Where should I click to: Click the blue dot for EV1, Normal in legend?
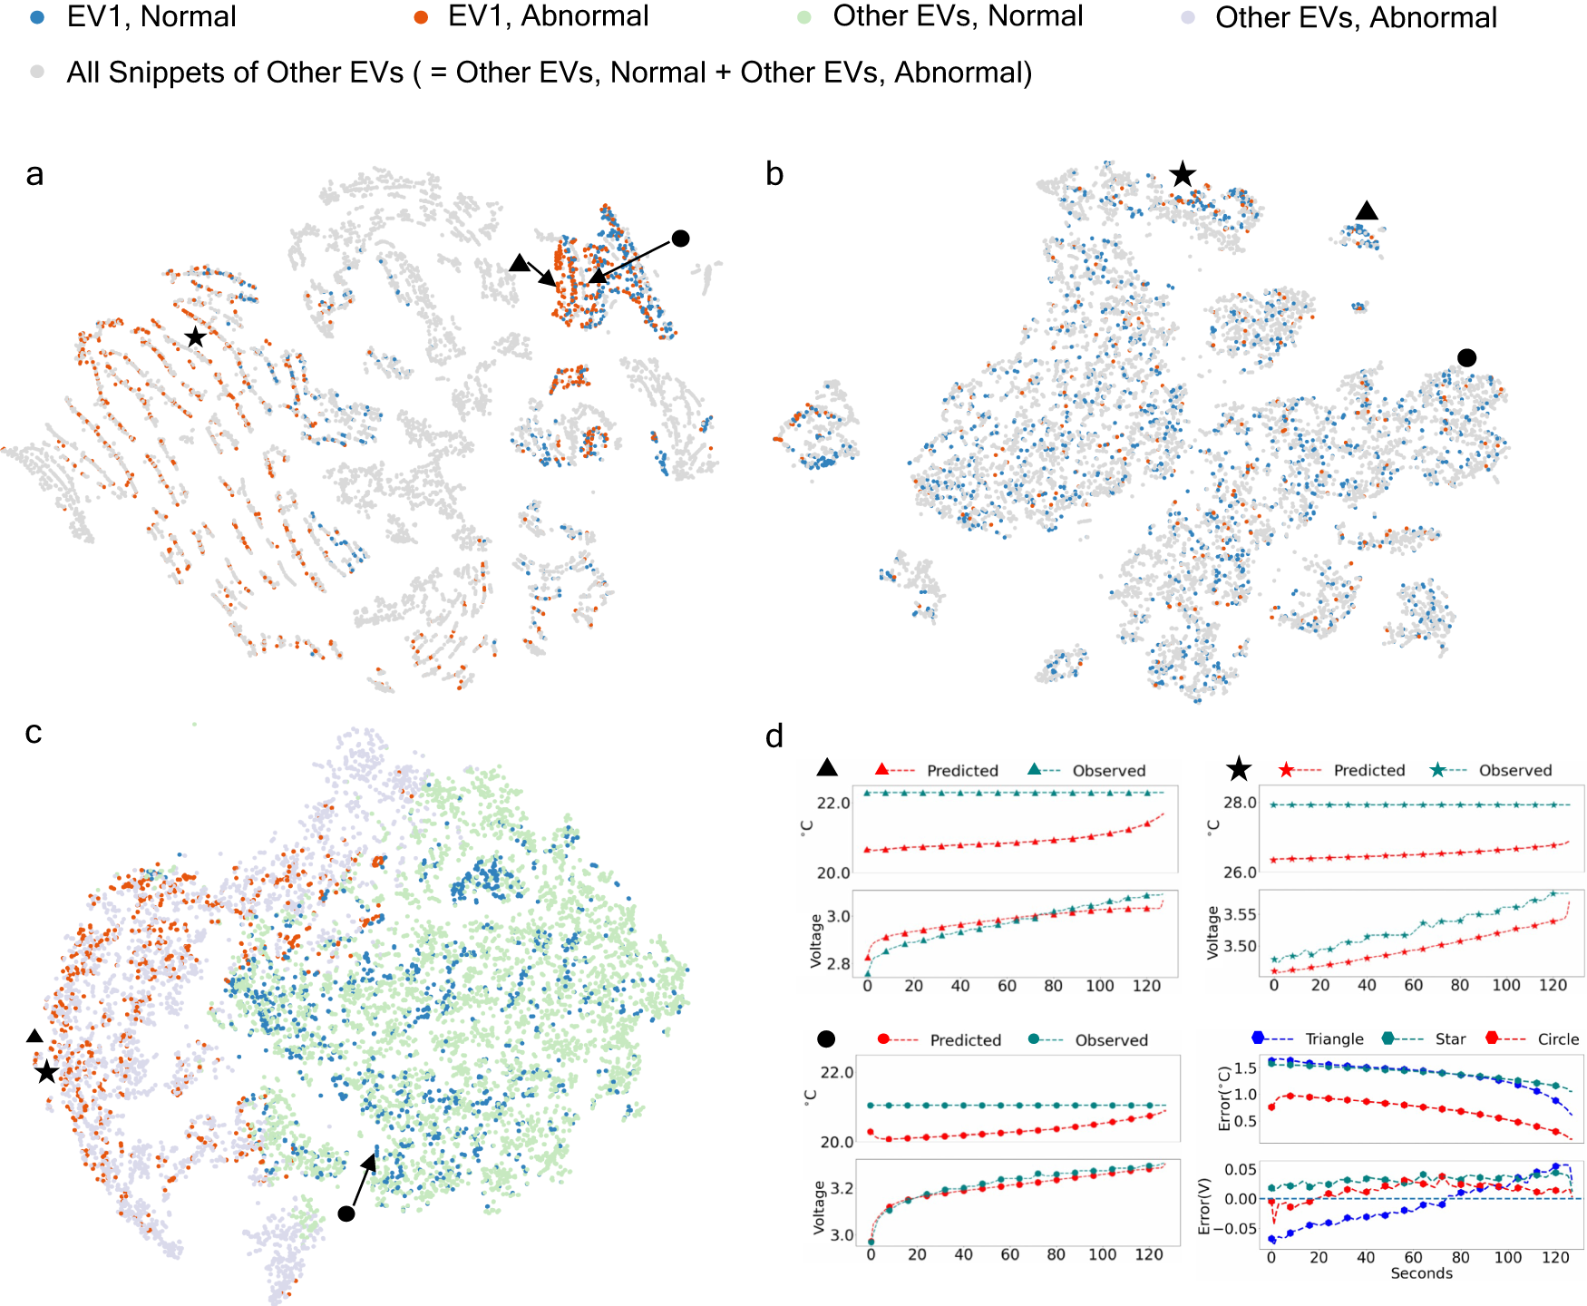point(37,17)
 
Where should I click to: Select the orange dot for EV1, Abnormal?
point(420,17)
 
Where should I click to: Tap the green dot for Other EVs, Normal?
point(803,17)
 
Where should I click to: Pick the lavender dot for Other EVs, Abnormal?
point(1187,17)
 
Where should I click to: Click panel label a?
point(34,174)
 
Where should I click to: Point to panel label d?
point(774,736)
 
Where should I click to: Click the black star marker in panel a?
point(195,337)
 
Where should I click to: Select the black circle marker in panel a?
point(680,239)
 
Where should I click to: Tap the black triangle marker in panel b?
point(1367,211)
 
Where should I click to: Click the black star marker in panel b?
point(1182,173)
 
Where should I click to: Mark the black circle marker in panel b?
point(1466,358)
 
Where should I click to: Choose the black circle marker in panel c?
point(346,1213)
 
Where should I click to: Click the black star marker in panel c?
point(46,1073)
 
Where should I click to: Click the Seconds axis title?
point(1421,1273)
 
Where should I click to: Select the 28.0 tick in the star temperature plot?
point(1240,803)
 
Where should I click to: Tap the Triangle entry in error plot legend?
point(1334,1039)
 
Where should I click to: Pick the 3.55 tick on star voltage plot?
point(1240,914)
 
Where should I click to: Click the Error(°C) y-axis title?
point(1224,1097)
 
